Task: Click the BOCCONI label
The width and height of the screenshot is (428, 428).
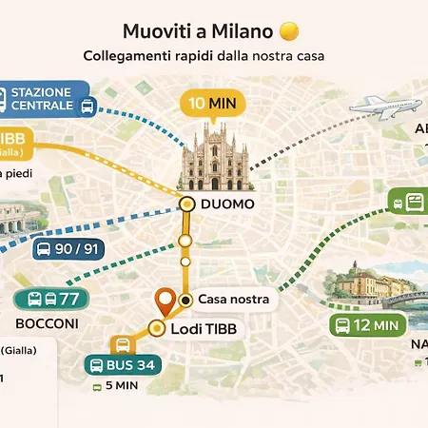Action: (47, 324)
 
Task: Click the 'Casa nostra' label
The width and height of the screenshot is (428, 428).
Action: (232, 300)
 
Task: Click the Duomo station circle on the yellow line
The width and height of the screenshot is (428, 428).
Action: (187, 204)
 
